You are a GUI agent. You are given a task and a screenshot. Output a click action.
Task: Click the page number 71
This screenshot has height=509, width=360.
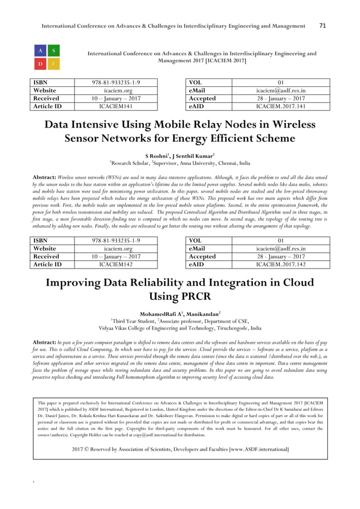tap(323, 26)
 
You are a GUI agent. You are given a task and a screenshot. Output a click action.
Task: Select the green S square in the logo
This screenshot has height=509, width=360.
tap(53, 50)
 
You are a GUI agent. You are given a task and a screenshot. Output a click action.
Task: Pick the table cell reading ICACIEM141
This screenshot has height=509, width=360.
tap(116, 106)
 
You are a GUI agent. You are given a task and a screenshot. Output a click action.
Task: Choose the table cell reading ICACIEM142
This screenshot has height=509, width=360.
tap(116, 264)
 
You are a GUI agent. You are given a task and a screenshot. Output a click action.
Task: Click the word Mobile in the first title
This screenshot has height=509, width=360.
tap(191, 125)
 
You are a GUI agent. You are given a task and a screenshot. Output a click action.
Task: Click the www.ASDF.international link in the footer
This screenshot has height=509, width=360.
tap(253, 449)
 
